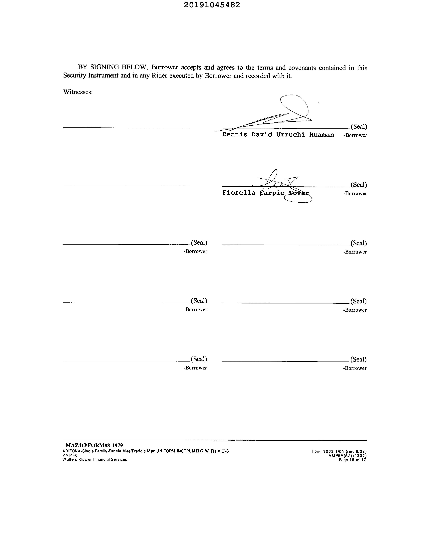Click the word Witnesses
point(78,92)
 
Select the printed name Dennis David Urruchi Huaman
point(278,135)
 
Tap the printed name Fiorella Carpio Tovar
point(265,193)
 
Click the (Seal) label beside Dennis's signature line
point(359,126)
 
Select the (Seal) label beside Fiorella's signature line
point(358,184)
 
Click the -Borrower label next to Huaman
point(355,135)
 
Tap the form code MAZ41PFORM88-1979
point(94,445)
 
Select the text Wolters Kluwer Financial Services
point(95,459)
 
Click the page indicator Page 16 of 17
point(352,460)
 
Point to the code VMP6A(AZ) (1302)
point(347,456)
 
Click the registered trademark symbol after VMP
point(75,455)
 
